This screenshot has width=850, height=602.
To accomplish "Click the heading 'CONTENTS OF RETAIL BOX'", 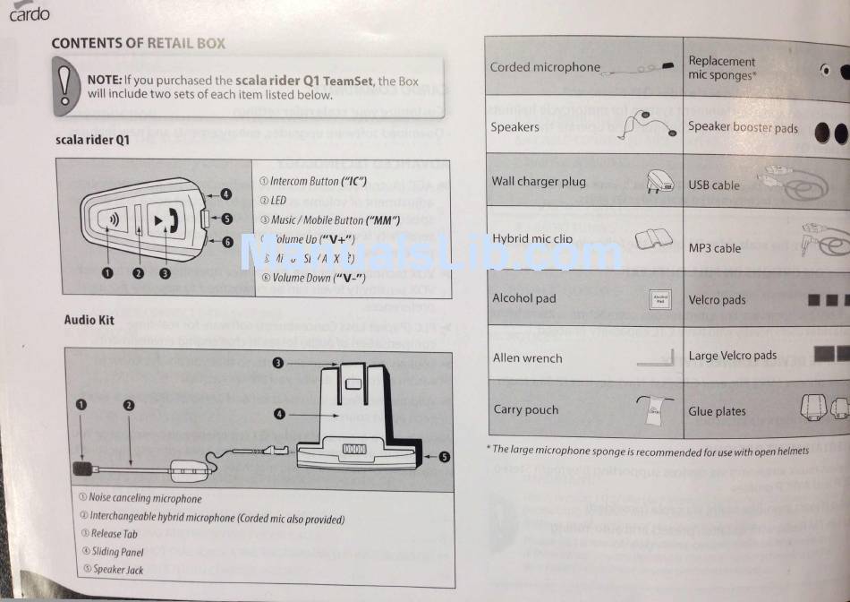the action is coord(138,43).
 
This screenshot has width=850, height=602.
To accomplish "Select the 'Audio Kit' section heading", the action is coord(89,320).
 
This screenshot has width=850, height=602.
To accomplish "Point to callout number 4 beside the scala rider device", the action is coord(226,193).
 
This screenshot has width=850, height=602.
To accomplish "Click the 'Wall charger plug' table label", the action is coord(539,181).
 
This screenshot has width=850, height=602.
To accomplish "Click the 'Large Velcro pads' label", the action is coord(732,356).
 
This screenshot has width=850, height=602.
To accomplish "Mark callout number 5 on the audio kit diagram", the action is coord(444,456).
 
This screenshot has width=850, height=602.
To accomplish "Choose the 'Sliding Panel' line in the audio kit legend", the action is coord(117,552).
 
